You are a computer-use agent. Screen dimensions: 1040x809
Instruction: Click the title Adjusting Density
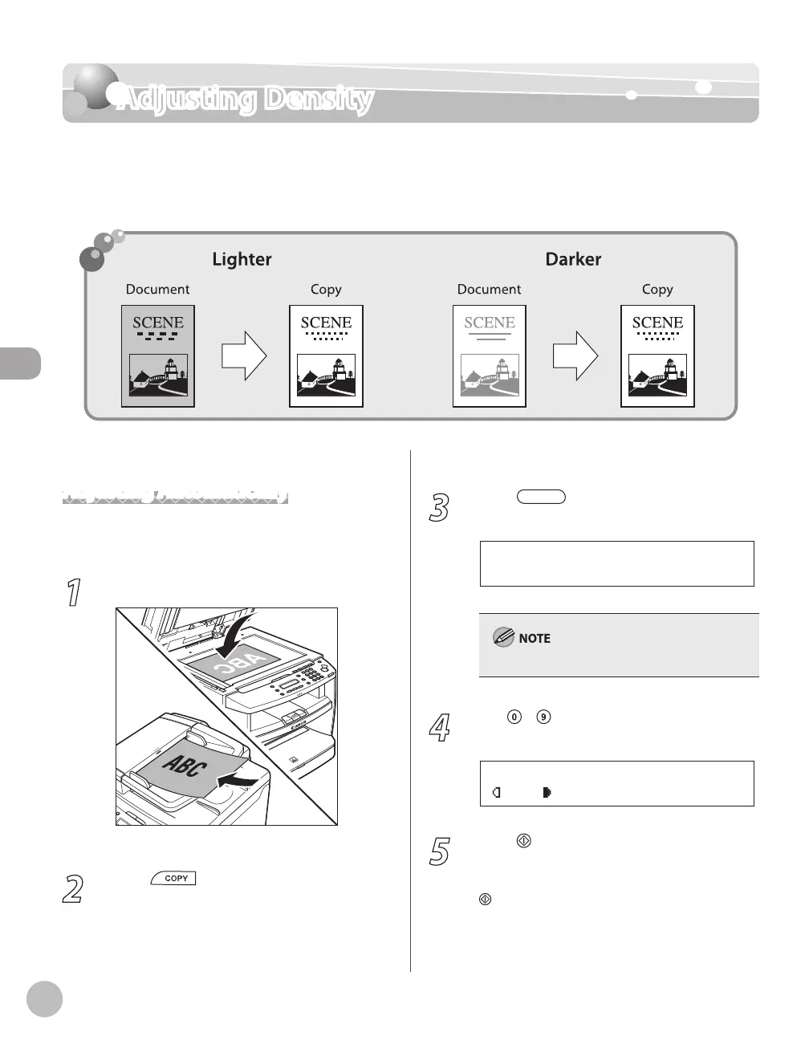point(245,100)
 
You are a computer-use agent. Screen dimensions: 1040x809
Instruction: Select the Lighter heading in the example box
point(242,259)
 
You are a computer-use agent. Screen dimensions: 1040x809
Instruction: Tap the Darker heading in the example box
point(573,259)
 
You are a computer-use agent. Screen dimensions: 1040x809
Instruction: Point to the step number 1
point(73,594)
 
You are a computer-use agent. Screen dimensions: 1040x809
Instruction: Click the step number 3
point(439,509)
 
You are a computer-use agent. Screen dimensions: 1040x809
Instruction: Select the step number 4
point(439,729)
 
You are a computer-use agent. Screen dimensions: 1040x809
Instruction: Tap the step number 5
point(439,851)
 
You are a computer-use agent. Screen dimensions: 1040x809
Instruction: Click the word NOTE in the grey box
point(535,639)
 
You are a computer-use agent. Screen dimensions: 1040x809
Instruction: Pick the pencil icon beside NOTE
point(504,638)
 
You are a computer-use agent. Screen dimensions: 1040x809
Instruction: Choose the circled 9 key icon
point(544,718)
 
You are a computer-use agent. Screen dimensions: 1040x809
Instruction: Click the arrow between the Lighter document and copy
point(243,356)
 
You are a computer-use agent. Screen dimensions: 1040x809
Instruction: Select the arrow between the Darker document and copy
point(575,356)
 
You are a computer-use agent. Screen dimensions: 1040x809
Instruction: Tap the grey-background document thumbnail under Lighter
point(158,356)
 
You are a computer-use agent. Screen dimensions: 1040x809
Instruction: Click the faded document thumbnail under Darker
point(490,356)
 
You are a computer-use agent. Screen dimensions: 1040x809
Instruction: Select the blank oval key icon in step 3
point(542,498)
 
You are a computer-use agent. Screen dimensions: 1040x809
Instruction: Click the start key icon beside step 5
point(523,841)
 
